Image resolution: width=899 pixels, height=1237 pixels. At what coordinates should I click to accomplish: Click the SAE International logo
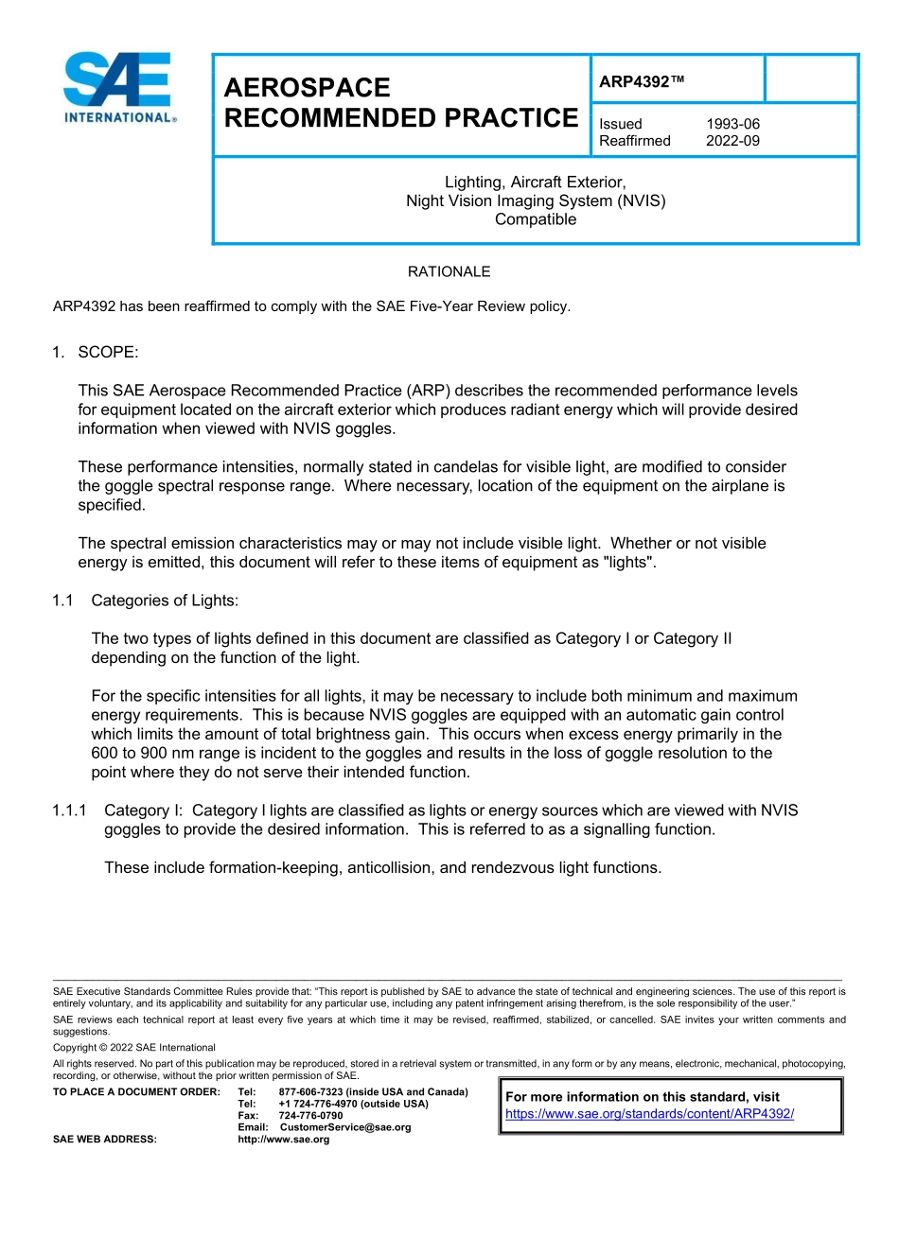point(119,88)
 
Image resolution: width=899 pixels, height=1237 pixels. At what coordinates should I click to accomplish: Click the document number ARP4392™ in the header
point(641,82)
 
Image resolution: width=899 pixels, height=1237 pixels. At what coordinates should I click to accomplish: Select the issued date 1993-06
point(732,124)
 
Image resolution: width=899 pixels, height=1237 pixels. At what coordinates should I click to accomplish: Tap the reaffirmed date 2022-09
point(732,141)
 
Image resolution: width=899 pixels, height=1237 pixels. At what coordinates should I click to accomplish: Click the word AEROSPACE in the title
point(307,88)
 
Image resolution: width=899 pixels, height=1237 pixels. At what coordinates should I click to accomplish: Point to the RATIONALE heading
point(449,271)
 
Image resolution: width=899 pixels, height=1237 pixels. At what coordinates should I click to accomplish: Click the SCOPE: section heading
point(108,352)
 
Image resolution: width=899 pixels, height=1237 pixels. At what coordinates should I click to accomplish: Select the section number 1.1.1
point(69,810)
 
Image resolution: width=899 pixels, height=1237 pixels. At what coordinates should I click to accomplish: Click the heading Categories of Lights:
point(165,601)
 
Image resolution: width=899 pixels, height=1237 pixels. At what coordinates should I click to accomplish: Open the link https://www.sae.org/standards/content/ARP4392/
point(649,1114)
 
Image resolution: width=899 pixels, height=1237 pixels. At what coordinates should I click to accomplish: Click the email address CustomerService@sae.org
point(345,1127)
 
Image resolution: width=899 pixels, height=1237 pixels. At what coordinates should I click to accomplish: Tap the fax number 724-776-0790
point(310,1116)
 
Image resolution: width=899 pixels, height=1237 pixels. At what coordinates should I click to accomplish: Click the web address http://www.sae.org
point(284,1140)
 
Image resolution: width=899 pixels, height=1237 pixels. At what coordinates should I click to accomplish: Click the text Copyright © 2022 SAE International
point(134,1048)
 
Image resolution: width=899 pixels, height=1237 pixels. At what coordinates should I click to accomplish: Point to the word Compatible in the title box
point(536,219)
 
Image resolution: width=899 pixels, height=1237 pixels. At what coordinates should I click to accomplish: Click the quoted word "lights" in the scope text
point(628,562)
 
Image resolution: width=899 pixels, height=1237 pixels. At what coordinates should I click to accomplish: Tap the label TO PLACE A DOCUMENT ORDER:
point(136,1092)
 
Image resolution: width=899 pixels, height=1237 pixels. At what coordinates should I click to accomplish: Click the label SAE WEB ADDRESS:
point(105,1140)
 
